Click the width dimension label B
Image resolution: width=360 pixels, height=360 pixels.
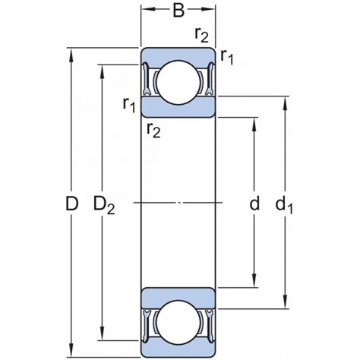click(178, 11)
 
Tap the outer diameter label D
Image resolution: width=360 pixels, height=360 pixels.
click(71, 204)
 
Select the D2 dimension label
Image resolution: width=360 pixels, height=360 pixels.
click(104, 205)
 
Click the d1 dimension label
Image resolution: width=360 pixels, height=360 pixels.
click(284, 204)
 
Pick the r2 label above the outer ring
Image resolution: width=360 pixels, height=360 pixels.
click(201, 35)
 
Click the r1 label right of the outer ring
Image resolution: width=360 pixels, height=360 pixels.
click(226, 57)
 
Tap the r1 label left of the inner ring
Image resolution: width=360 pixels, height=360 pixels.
click(129, 105)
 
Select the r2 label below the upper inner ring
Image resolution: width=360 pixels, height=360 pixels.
click(153, 131)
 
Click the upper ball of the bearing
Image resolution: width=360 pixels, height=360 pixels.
click(178, 82)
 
